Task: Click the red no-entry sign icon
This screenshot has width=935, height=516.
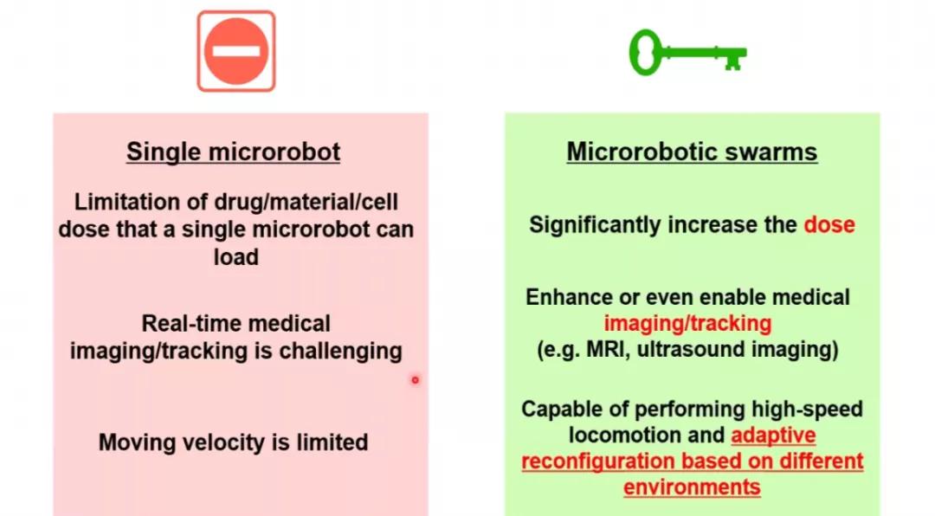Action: tap(235, 51)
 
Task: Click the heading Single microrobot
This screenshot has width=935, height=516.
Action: tap(234, 152)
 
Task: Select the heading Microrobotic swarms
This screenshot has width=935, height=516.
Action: tap(692, 152)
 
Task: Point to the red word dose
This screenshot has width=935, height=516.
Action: tap(829, 225)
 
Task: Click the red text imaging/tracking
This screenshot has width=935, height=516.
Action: tap(687, 324)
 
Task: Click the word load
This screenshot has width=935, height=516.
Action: tap(235, 257)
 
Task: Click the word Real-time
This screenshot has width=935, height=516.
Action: tap(185, 324)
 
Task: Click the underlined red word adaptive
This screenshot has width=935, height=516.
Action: tap(773, 435)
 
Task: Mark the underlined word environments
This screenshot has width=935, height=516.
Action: tap(692, 487)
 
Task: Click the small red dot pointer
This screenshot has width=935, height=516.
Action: tap(415, 379)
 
